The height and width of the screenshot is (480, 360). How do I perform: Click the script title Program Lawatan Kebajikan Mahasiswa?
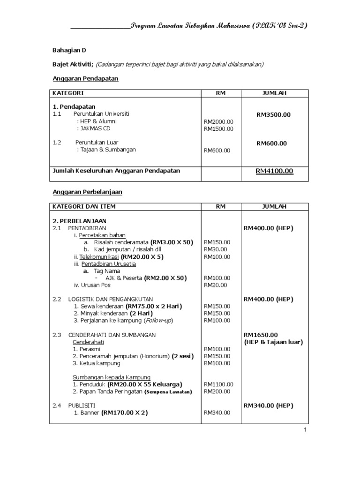point(219,25)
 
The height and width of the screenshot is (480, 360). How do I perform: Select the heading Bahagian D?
point(68,50)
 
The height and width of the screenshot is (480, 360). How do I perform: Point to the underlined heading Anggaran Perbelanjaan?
point(87,192)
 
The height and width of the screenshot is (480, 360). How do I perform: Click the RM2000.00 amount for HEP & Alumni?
point(218,121)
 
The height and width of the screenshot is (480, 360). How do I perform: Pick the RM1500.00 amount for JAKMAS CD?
point(218,129)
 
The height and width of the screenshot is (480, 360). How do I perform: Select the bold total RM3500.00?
point(273,114)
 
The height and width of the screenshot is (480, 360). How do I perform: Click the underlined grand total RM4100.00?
point(274,171)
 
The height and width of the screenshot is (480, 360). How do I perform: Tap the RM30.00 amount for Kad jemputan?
point(215,249)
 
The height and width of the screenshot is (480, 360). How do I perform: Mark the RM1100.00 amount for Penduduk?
point(218,384)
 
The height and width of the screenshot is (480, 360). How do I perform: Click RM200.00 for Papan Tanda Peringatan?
point(217,391)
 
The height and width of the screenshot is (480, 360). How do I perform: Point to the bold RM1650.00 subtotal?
point(261,335)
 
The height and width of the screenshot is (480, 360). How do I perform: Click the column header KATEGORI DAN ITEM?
point(84,206)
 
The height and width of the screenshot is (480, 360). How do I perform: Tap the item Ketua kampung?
point(97,363)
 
